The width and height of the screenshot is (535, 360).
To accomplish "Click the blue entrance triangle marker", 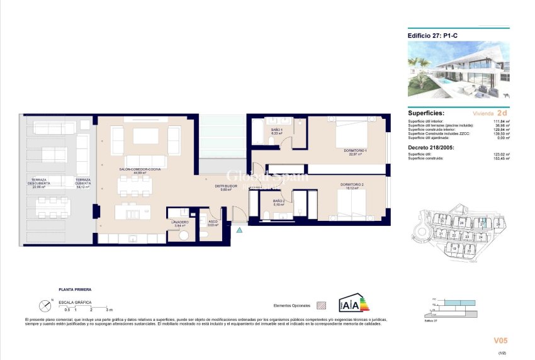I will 239,231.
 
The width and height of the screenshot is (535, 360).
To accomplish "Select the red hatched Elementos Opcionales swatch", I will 322,305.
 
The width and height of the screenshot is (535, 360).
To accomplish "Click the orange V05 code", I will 501,340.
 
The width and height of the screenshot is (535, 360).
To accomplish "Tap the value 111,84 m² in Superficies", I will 502,121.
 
